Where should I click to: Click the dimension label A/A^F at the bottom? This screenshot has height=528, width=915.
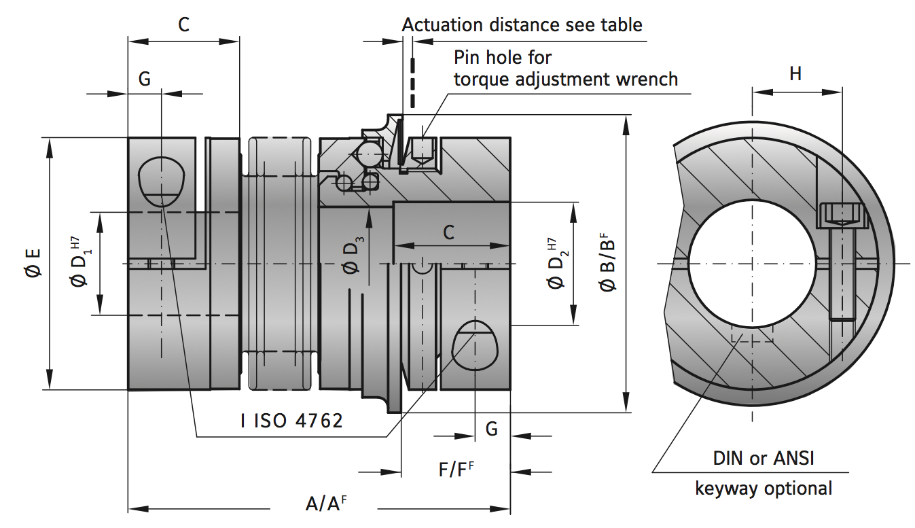330,504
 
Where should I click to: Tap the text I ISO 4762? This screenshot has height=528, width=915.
291,421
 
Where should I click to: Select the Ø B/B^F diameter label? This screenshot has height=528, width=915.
607,263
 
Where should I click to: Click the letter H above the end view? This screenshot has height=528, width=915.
795,73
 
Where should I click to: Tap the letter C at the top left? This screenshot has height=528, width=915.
183,24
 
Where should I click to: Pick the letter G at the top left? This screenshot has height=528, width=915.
145,79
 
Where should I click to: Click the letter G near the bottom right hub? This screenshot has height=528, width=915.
491,429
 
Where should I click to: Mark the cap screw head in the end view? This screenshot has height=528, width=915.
842,215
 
